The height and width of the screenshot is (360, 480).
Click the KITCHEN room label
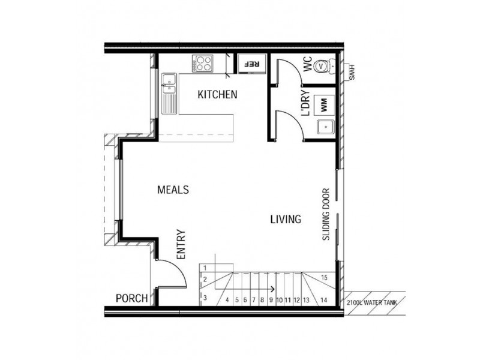(218, 95)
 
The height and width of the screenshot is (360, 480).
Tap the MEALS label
(173, 190)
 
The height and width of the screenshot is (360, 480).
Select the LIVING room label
(285, 220)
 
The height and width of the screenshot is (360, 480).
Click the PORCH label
(131, 298)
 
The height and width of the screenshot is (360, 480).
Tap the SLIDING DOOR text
(327, 215)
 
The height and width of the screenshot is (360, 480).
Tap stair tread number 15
(323, 277)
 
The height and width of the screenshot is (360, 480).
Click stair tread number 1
(205, 268)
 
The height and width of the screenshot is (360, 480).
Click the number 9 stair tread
(271, 299)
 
